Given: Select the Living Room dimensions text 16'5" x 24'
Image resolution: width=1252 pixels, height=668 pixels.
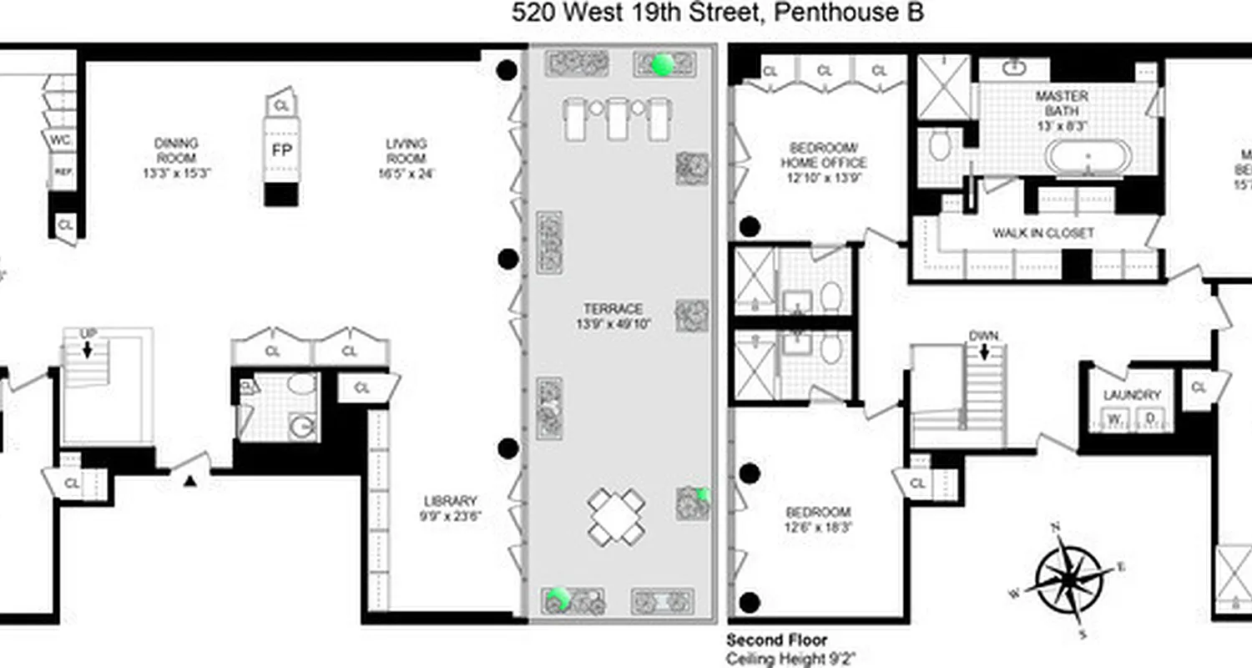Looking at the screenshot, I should point(406,174).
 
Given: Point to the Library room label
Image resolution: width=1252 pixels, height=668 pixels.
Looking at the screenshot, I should point(450,501).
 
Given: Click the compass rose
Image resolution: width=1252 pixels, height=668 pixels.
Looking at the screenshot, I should point(1074,578).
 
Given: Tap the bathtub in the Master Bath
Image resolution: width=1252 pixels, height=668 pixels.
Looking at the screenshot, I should point(1088,157).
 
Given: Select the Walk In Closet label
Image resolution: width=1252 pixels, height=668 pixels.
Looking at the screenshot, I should point(1042,234).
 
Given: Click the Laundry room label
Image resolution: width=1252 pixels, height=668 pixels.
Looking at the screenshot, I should point(1132,395).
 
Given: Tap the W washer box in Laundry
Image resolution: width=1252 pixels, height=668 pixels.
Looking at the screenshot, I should point(1114,417).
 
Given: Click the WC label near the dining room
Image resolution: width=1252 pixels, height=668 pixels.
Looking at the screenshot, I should point(60,139).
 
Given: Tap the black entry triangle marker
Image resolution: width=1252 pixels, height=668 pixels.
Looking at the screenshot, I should point(189,480).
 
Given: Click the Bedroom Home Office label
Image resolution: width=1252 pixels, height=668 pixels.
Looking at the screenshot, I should point(823,155).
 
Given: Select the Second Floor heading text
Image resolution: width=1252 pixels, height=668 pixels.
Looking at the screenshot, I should point(776,640).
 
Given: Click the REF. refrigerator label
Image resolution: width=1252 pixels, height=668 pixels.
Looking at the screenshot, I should point(62,172).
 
